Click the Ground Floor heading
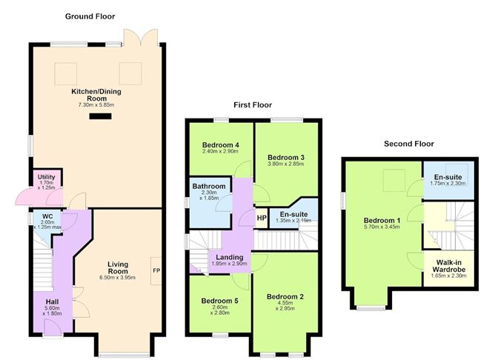pos(90,16)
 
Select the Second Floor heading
pos(408,144)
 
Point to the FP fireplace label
pos(157,270)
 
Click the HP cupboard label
pos(262,218)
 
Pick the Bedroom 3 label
pos(286,157)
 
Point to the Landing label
pos(219,256)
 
